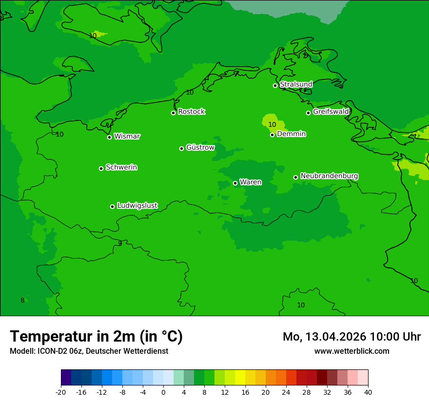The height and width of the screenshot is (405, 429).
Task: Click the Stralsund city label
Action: pyautogui.click(x=296, y=84)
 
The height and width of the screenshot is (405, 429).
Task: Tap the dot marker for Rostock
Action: pyautogui.click(x=173, y=113)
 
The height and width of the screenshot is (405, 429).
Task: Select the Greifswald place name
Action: pyautogui.click(x=331, y=112)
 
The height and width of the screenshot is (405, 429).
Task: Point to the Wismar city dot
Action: pyautogui.click(x=110, y=137)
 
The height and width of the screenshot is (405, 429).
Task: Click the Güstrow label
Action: pyautogui.click(x=200, y=147)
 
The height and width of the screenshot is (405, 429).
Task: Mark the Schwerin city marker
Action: pyautogui.click(x=101, y=168)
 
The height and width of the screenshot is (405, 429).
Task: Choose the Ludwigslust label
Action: pyautogui.click(x=137, y=205)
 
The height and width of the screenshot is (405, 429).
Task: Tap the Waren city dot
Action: pyautogui.click(x=235, y=183)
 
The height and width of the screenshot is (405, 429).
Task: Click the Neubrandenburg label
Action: pyautogui.click(x=329, y=176)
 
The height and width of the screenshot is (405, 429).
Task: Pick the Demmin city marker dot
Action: pyautogui.click(x=272, y=135)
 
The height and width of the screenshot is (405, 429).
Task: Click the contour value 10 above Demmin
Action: pyautogui.click(x=272, y=124)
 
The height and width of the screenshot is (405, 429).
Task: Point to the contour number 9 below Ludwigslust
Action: pyautogui.click(x=120, y=243)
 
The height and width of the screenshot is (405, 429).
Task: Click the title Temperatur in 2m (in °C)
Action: pyautogui.click(x=96, y=336)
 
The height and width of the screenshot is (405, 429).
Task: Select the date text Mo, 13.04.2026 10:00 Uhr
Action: pyautogui.click(x=351, y=337)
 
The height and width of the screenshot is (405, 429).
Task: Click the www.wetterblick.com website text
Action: pyautogui.click(x=351, y=351)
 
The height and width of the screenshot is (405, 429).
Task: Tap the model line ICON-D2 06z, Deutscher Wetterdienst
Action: pyautogui.click(x=89, y=351)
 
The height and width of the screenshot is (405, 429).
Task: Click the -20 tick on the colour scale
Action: pyautogui.click(x=61, y=392)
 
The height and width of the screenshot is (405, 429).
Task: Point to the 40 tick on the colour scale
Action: pyautogui.click(x=368, y=392)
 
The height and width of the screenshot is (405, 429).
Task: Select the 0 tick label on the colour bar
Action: pyautogui.click(x=163, y=392)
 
